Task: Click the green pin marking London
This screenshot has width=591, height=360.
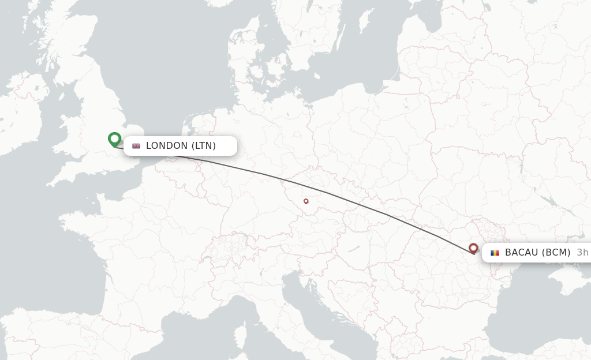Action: point(114,139)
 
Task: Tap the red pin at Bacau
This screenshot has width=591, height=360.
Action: point(473,249)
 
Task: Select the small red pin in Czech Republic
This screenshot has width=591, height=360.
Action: point(306,201)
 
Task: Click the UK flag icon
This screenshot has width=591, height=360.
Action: point(136,146)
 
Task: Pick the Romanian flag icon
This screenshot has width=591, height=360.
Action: point(495,253)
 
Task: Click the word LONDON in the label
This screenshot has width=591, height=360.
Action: point(167,146)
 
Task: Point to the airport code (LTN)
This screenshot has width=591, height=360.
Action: point(204,146)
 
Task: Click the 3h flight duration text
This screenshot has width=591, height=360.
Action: point(582,253)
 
